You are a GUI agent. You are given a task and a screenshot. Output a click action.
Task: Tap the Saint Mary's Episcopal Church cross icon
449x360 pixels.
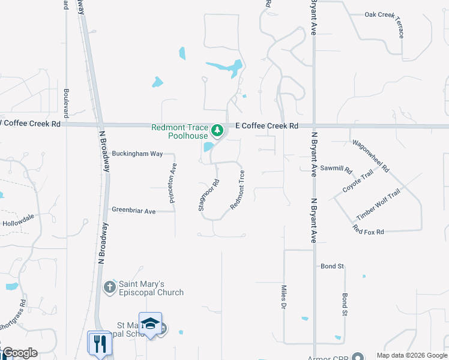click(109, 287)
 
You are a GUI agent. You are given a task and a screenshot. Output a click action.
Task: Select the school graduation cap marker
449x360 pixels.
click(150, 325)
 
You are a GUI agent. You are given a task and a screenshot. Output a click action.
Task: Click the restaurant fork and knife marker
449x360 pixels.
click(99, 344)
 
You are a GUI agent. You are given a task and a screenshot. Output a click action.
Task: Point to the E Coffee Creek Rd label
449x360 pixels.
click(267, 126)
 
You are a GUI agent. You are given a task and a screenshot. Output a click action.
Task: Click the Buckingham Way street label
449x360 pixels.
click(137, 154)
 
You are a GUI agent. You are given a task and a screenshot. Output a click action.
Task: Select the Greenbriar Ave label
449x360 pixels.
click(134, 211)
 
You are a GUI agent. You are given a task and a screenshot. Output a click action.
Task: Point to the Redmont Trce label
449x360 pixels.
click(238, 190)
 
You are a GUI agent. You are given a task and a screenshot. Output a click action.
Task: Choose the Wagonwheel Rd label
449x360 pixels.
click(370, 156)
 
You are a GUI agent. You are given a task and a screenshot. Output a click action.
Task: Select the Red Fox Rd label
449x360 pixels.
click(368, 229)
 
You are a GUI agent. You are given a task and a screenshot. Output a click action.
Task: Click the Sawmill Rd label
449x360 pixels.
click(336, 168)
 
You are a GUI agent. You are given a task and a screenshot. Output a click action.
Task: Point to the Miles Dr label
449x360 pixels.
click(283, 297)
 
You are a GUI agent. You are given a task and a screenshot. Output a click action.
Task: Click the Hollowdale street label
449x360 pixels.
click(18, 223)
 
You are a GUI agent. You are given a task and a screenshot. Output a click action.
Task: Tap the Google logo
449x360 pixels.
click(20, 353)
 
